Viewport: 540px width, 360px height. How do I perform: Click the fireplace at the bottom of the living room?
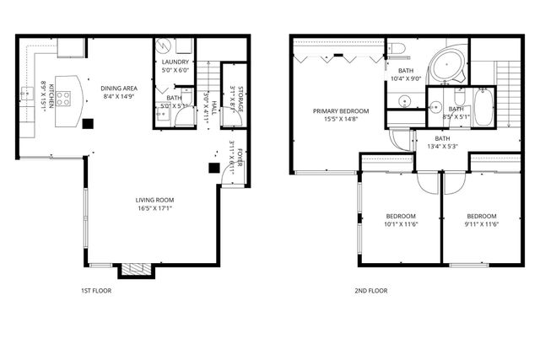136,270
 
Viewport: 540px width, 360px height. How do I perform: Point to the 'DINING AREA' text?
118,88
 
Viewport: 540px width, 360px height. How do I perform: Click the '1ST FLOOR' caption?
95,291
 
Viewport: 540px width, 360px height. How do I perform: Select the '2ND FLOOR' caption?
370,291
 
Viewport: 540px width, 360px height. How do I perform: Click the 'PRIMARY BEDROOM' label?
341,111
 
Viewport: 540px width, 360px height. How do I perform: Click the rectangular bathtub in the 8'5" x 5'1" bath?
483,107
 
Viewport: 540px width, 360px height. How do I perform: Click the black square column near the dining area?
88,123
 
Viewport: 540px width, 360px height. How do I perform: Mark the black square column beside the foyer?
214,167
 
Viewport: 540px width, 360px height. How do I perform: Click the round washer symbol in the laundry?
165,47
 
